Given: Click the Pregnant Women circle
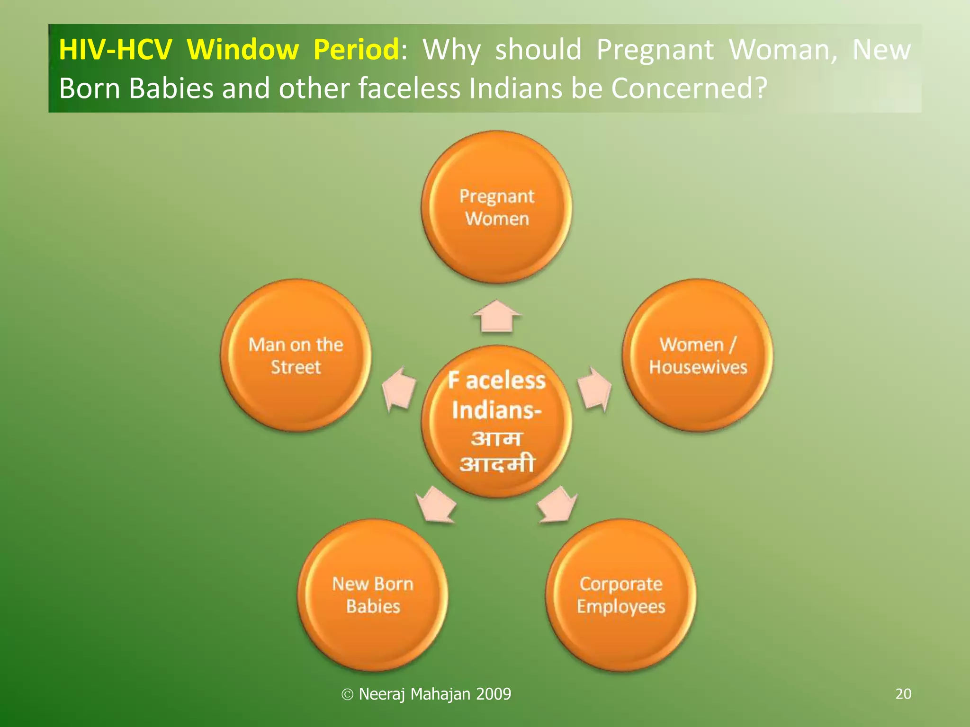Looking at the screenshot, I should coord(496,207).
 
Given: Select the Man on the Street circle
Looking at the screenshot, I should coord(296,355).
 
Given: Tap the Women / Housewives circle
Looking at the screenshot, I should coord(697,355).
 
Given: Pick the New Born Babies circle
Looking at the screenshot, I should coord(373,595).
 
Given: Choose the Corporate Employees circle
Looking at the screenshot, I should coord(620,595).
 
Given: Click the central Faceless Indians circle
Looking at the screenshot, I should coord(496,421).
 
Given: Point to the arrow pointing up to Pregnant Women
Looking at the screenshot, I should coord(497,316).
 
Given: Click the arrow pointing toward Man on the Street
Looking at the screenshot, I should coord(399,389).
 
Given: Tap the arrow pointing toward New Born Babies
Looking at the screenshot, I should coord(436,505).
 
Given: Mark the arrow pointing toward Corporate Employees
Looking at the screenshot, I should coord(557,505).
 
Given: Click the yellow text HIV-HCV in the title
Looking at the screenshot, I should coord(115,49).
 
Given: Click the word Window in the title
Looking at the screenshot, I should coord(242,49).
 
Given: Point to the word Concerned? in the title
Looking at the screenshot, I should coord(689,89).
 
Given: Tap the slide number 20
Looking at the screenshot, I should coord(903,694).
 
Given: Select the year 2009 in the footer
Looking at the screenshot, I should coord(494,694).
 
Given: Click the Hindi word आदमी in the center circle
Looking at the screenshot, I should coord(497,464).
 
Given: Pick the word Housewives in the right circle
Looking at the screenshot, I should coord(698,367).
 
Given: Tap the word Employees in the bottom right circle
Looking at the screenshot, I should coord(621,607).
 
